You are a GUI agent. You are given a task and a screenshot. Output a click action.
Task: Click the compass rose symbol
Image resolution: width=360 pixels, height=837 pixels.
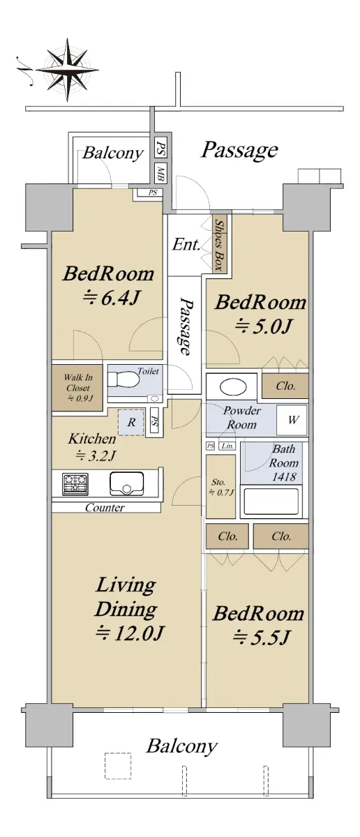pyautogui.click(x=67, y=70)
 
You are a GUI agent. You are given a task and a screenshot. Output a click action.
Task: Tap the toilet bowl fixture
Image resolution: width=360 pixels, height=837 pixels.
pyautogui.click(x=123, y=380)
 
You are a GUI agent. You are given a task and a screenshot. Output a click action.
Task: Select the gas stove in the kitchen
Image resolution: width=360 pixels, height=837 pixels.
pyautogui.click(x=75, y=484)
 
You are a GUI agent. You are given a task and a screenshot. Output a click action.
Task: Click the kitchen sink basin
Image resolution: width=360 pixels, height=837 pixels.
pyautogui.click(x=127, y=484)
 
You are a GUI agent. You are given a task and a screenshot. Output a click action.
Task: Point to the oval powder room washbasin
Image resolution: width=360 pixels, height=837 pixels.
pyautogui.click(x=233, y=387)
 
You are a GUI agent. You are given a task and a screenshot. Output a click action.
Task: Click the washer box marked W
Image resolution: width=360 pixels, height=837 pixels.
pyautogui.click(x=292, y=420)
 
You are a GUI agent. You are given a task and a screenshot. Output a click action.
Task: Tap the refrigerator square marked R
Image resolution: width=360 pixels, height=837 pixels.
pyautogui.click(x=131, y=422)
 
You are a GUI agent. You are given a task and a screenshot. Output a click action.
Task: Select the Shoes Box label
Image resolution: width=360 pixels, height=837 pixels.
pyautogui.click(x=218, y=245)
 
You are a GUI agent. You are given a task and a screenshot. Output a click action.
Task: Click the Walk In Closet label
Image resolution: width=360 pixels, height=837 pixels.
pyautogui.click(x=78, y=388)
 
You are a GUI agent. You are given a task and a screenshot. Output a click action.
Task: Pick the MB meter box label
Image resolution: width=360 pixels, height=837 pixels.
pyautogui.click(x=160, y=173)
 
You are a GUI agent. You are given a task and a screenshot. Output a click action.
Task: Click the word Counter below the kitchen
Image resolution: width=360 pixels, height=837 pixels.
pyautogui.click(x=105, y=508)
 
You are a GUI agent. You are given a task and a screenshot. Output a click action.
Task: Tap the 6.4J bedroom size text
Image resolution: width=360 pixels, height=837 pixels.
pyautogui.click(x=111, y=298)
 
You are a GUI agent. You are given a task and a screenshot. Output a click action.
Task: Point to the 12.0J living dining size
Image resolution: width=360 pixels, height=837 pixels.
pyautogui.click(x=129, y=633)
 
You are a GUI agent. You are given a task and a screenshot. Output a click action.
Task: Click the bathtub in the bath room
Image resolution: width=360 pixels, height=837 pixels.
pyautogui.click(x=271, y=502)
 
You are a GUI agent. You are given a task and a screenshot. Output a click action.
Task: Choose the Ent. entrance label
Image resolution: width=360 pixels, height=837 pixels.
pyautogui.click(x=186, y=244)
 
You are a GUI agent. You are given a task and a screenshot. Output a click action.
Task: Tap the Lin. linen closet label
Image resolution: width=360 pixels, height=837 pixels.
pyautogui.click(x=227, y=446)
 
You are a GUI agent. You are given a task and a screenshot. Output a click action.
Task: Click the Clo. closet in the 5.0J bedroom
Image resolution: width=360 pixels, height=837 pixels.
pyautogui.click(x=285, y=386)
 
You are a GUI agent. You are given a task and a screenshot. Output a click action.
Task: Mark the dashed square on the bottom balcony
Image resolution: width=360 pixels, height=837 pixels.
pyautogui.click(x=118, y=765)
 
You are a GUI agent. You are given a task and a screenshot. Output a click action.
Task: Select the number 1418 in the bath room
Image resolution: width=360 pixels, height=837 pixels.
pyautogui.click(x=284, y=477)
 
